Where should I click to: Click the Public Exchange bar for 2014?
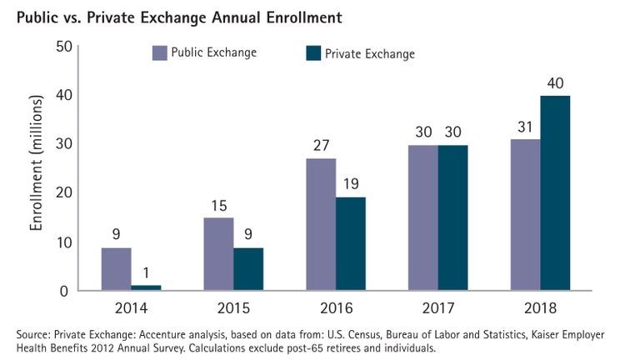click(x=116, y=268)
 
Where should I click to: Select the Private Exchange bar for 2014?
click(x=146, y=287)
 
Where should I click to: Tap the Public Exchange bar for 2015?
click(x=218, y=254)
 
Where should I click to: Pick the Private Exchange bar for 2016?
click(x=350, y=243)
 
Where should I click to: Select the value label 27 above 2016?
click(x=321, y=145)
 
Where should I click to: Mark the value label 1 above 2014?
click(x=147, y=272)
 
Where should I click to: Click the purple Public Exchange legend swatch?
click(x=159, y=53)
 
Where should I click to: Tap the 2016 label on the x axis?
click(x=337, y=308)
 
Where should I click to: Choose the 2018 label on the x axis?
click(x=541, y=308)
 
